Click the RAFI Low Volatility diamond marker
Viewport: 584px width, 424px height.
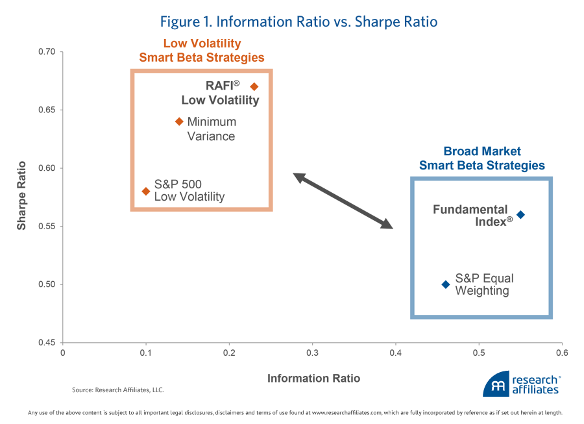254,86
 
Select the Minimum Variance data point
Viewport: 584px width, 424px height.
179,121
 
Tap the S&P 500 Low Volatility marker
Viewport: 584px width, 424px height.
146,191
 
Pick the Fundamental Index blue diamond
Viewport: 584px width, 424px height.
520,214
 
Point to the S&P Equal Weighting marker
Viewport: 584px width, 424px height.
446,284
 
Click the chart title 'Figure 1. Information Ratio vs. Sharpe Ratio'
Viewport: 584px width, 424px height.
298,22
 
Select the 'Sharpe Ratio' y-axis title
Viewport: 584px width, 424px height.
22,195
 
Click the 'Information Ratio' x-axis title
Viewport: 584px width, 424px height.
313,378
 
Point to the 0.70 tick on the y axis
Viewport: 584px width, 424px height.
47,52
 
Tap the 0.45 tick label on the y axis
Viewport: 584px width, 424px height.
47,343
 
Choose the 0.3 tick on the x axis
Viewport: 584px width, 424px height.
312,354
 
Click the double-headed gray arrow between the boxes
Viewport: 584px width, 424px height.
343,201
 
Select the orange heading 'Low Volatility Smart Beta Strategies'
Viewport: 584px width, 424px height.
202,51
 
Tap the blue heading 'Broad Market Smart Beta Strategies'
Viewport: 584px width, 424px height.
481,158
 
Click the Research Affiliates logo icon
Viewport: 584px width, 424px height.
496,384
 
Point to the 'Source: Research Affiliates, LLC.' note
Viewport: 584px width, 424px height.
118,390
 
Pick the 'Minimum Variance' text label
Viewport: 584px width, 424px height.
212,129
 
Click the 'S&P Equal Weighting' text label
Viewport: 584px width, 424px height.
484,284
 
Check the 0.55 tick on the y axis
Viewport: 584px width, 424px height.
47,227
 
